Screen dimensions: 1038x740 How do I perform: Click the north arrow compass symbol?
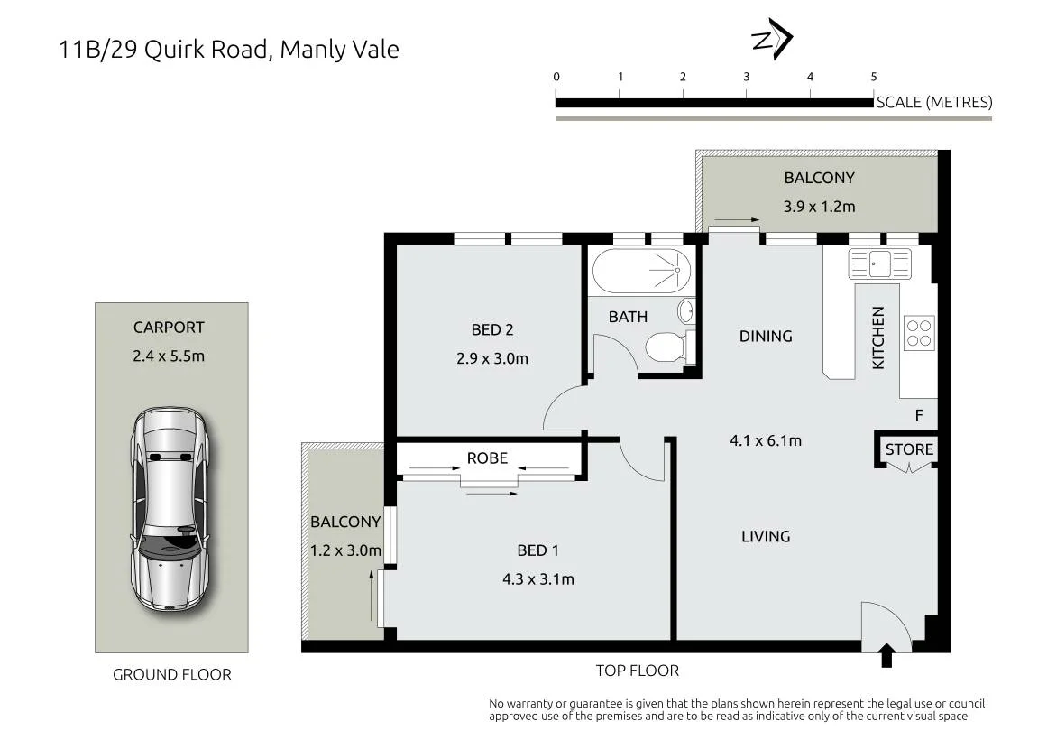pyautogui.click(x=773, y=39)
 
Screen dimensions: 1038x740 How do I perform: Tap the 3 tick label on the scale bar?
pyautogui.click(x=746, y=77)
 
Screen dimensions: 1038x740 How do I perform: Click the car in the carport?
pyautogui.click(x=170, y=509)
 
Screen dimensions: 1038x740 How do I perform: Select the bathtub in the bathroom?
pyautogui.click(x=641, y=271)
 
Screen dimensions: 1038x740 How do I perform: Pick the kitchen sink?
pyautogui.click(x=880, y=264)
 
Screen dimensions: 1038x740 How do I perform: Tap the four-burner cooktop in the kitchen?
pyautogui.click(x=919, y=333)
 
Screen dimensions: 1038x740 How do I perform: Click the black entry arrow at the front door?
pyautogui.click(x=886, y=655)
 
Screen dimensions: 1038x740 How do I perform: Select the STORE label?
pyautogui.click(x=909, y=449)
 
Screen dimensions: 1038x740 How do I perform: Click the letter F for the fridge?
pyautogui.click(x=919, y=415)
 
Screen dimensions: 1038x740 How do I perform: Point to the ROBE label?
pyautogui.click(x=487, y=458)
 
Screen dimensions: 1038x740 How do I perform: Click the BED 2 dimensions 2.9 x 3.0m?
pyautogui.click(x=491, y=358)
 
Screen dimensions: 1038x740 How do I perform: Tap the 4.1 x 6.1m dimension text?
pyautogui.click(x=766, y=440)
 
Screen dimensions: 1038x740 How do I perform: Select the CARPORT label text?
pyautogui.click(x=169, y=328)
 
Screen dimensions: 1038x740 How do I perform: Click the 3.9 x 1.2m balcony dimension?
pyautogui.click(x=819, y=206)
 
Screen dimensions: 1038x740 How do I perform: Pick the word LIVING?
pyautogui.click(x=766, y=536)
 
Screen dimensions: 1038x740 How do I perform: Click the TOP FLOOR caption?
pyautogui.click(x=637, y=671)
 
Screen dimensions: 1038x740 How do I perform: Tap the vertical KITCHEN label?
pyautogui.click(x=878, y=338)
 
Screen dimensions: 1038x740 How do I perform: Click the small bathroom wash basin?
pyautogui.click(x=686, y=310)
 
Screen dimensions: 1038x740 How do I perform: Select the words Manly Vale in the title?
pyautogui.click(x=340, y=49)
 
